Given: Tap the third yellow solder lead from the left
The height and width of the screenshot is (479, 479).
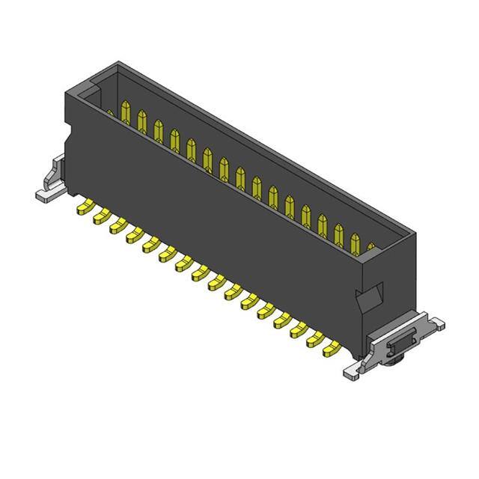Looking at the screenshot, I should click(x=118, y=225).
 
